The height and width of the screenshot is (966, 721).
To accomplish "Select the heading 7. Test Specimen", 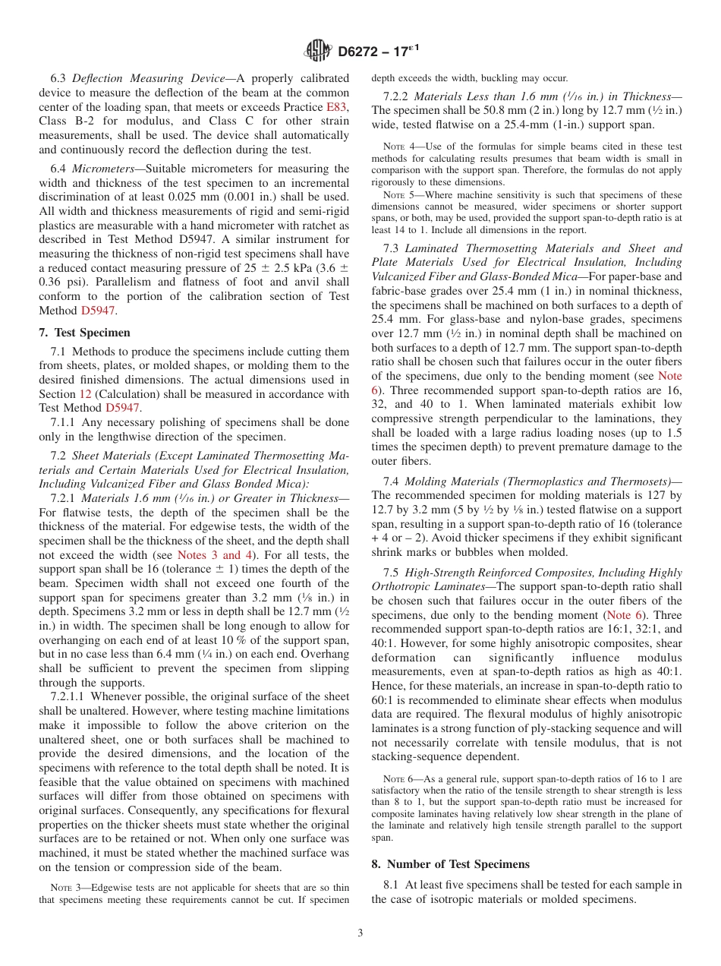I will coord(84,333).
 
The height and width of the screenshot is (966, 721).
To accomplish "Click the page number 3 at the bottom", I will coord(360,933).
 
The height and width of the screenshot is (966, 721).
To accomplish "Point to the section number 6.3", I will coord(59,78).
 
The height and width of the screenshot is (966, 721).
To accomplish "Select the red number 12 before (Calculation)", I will coord(85,394).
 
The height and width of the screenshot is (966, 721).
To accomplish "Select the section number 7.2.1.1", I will coord(69,696).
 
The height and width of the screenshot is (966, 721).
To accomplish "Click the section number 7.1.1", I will coord(65,422).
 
